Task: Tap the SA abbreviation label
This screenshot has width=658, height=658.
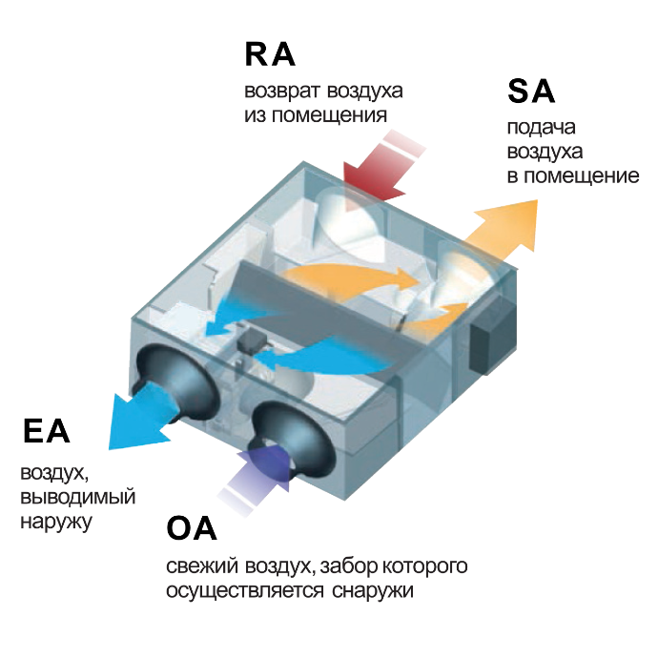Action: tap(531, 92)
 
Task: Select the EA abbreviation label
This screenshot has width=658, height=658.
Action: tap(47, 431)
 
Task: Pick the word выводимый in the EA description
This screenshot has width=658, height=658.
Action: tap(77, 498)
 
